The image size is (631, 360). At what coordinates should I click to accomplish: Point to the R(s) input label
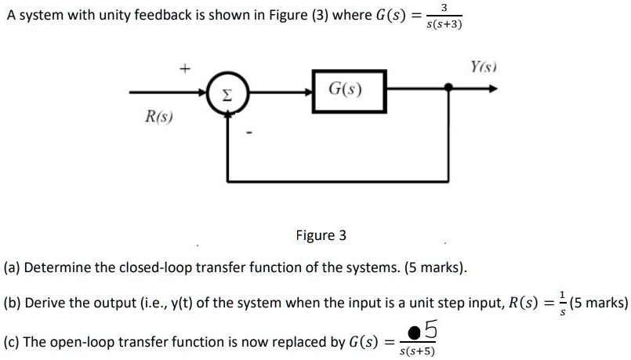click(159, 118)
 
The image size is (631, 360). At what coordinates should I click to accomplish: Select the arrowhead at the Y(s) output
click(491, 89)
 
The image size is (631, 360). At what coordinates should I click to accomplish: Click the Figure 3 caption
click(321, 235)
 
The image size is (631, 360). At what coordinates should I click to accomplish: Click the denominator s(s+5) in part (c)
click(417, 351)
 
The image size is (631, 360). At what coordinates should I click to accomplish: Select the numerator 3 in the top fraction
click(444, 8)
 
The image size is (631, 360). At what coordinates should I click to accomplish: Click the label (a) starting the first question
click(12, 267)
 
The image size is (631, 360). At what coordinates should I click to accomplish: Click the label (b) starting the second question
click(12, 304)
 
